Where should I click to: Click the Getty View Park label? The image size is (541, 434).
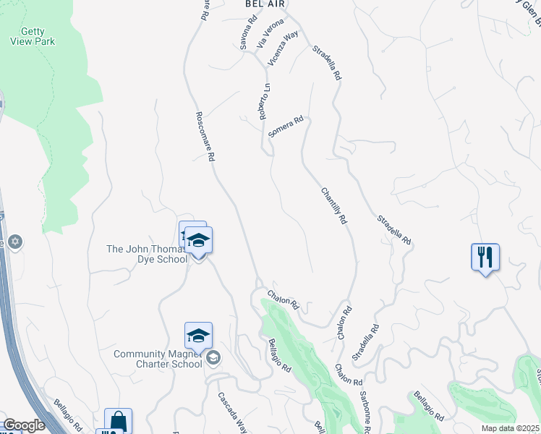click(x=33, y=35)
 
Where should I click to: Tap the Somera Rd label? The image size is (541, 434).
click(x=285, y=127)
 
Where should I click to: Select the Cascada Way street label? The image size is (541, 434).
click(x=233, y=412)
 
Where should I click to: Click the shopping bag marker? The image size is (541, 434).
click(x=118, y=421)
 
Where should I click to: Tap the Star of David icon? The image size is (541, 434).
click(x=16, y=242)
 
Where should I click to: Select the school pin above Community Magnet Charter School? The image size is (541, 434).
click(x=198, y=336)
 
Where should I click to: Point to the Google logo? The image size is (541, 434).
click(x=23, y=425)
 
